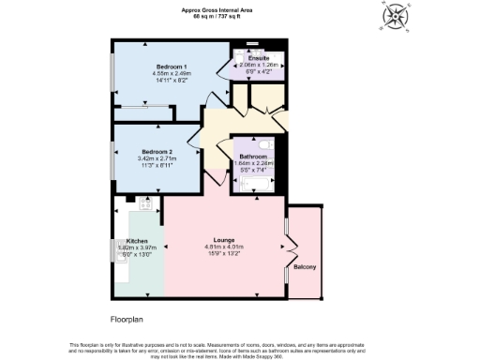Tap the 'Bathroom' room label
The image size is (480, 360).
click(x=253, y=157)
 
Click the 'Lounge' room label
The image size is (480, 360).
click(x=223, y=240)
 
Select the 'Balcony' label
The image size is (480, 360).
click(x=305, y=267)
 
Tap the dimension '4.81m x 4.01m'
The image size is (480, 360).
click(x=223, y=247)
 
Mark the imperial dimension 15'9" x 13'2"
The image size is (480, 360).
click(x=223, y=253)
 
